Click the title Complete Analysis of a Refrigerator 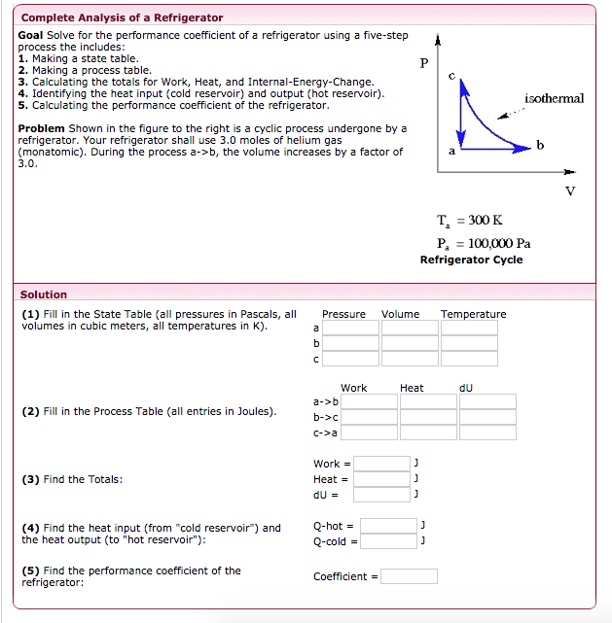pos(122,17)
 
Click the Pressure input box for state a pos(350,329)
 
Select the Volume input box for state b pos(410,343)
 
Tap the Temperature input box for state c pos(469,359)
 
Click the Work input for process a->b pos(369,401)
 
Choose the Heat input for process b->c pos(428,417)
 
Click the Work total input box pos(381,464)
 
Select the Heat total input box pos(381,479)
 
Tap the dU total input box pos(381,495)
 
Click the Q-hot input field pos(388,526)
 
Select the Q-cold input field pos(388,541)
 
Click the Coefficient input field pos(409,576)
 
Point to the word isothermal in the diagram pos(554,99)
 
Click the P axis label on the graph pos(423,63)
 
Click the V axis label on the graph pos(570,190)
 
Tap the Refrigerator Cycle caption pos(471,260)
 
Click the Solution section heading pos(44,294)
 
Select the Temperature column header pos(473,314)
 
